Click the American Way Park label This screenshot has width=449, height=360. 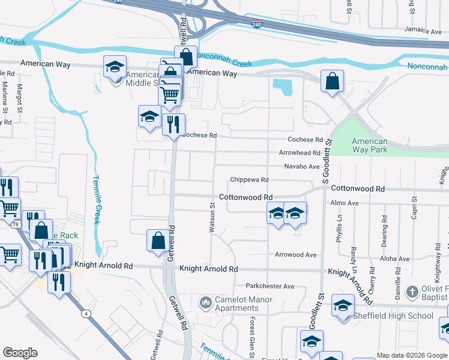point(369,146)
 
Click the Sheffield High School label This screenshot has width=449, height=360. point(395,316)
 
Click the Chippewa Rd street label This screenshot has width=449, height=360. point(249,180)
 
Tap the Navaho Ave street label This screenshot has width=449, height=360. point(301,166)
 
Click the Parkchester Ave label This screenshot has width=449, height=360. point(270,286)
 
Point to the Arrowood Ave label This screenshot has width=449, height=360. point(295,255)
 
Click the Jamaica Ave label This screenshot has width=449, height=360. point(423,30)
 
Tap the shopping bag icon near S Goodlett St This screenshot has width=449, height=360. point(332,81)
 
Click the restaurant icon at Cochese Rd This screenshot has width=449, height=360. point(173,125)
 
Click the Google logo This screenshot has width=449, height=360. point(20,353)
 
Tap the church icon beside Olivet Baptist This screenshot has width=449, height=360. point(412,292)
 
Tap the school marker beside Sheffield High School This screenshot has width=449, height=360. point(343,306)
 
